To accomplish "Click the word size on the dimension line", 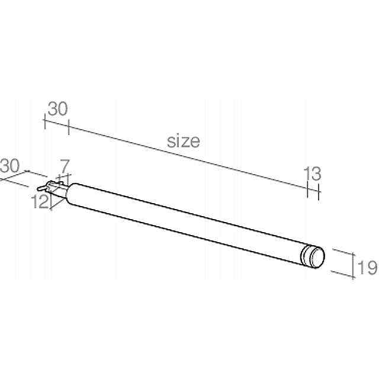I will tap(183, 141).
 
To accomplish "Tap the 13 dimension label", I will tap(312, 174).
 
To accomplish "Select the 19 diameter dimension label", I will tap(367, 268).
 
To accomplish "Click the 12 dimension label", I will tap(40, 202).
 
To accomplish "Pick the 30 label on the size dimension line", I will tap(57, 109).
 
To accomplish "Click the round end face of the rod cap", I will tap(316, 257).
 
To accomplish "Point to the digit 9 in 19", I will tap(371, 268).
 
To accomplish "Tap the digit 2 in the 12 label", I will tap(44, 202).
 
